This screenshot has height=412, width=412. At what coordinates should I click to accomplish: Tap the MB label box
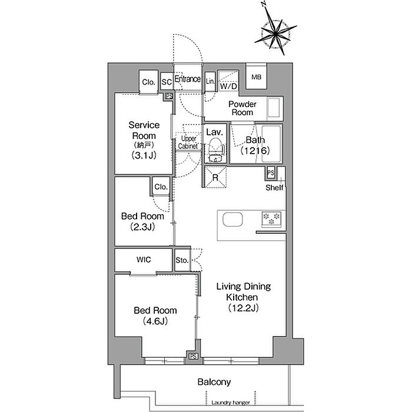(257, 77)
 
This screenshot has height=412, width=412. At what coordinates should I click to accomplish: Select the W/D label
(228, 86)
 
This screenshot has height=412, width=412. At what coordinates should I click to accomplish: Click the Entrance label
(188, 79)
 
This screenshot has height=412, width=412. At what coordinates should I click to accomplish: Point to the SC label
(167, 82)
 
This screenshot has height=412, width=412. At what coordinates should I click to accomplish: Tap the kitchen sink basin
(232, 220)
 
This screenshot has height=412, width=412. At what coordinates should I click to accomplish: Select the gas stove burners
(271, 219)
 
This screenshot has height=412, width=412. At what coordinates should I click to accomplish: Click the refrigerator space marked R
(215, 177)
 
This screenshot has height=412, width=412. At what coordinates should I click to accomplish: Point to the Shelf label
(274, 188)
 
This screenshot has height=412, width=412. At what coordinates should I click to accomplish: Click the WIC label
(144, 260)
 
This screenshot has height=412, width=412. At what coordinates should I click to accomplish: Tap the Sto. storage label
(182, 260)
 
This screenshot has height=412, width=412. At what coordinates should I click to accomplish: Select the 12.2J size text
(243, 308)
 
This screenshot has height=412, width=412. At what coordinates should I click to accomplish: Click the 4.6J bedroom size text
(155, 321)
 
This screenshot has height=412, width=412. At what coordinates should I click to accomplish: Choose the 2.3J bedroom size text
(142, 227)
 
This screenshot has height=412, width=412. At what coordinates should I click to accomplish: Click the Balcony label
(214, 382)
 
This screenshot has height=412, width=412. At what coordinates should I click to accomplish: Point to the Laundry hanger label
(231, 403)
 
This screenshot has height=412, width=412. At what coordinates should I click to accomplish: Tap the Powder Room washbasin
(274, 108)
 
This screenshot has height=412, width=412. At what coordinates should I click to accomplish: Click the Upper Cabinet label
(188, 142)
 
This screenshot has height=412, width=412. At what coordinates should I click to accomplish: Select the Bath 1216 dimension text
(255, 151)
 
